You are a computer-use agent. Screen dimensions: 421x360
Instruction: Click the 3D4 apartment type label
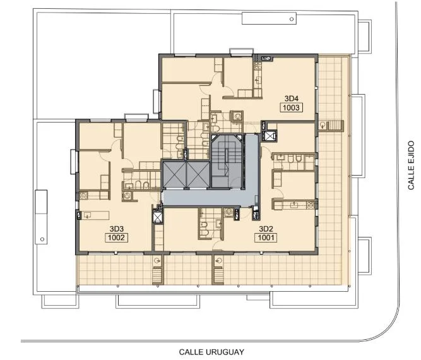tap(292, 99)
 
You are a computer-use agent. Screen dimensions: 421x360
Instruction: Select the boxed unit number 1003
tap(292, 108)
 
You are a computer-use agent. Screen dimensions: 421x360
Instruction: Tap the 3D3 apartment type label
tap(117, 229)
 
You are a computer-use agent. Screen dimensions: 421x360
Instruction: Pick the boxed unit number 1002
tap(117, 237)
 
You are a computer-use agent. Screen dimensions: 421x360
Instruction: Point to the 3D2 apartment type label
tap(266, 229)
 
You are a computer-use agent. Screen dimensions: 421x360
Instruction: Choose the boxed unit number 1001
tap(266, 237)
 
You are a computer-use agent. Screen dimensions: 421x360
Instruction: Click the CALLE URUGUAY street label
tap(211, 352)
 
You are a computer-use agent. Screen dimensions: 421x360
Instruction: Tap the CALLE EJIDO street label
tap(411, 165)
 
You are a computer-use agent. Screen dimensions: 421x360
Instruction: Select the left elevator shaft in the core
tap(174, 174)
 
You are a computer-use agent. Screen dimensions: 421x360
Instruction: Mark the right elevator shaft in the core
tap(198, 174)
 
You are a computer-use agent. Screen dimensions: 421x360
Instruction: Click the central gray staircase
tap(227, 161)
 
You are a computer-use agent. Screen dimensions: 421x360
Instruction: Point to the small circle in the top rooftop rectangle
tap(292, 19)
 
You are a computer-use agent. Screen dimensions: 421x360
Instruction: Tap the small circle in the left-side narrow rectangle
tap(42, 239)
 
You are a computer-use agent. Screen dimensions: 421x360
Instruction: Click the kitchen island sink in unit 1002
tap(88, 215)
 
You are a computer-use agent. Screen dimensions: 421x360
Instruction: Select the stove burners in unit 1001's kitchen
tap(311, 205)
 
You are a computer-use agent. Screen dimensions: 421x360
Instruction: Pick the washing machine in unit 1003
tap(237, 116)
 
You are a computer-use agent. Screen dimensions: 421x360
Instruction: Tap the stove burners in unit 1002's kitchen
tap(83, 195)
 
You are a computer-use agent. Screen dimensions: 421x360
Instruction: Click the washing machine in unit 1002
tap(127, 196)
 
